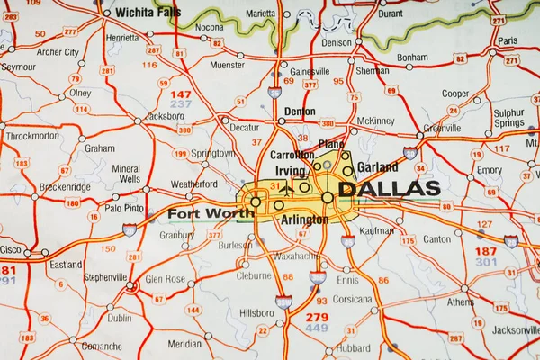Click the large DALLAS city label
pos(389,189)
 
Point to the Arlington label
pos(305,219)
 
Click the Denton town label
pos(300,112)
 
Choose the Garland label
pos(377,167)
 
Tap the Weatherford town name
pos(194,184)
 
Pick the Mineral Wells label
pos(126,174)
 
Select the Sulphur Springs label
pos(508,118)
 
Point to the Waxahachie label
pos(295,256)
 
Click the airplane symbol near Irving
pos(287,190)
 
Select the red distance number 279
pos(317,317)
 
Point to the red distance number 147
pos(182,94)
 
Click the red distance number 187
pos(486,251)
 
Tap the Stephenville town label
pos(105,277)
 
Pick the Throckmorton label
pos(31,136)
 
